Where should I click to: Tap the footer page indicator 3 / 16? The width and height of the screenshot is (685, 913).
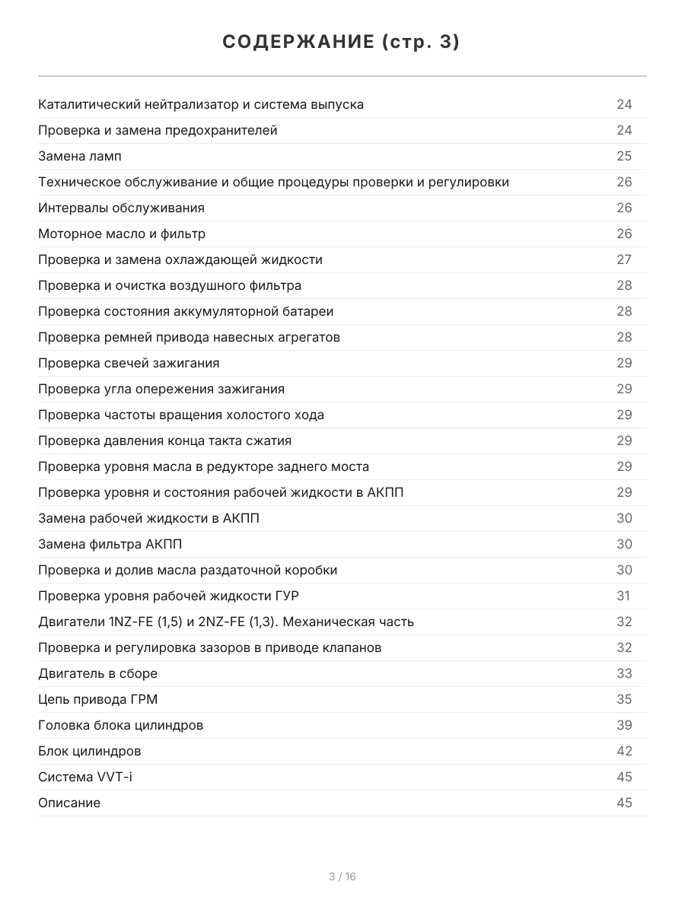(342, 876)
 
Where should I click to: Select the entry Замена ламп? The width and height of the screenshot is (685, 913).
(80, 156)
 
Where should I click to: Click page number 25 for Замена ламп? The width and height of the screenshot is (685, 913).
(624, 156)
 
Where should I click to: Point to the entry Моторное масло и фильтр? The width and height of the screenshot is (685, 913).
(122, 234)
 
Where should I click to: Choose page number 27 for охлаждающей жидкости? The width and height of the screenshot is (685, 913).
(624, 259)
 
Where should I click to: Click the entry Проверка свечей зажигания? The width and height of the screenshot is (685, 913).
(129, 363)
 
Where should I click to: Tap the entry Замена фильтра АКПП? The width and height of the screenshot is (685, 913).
(110, 544)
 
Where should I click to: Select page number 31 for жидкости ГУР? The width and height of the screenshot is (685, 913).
(623, 596)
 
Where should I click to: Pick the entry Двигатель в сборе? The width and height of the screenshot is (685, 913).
(98, 673)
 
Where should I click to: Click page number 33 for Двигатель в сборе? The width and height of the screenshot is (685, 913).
(624, 673)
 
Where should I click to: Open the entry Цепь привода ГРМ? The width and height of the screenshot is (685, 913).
(98, 699)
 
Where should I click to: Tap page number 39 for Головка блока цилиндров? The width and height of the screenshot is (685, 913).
(624, 725)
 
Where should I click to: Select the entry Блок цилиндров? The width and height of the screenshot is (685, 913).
(90, 751)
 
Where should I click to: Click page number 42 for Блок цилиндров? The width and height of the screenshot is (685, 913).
(624, 751)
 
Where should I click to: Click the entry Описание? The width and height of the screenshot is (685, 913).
(69, 803)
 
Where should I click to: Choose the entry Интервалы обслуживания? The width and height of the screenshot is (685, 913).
(121, 208)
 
